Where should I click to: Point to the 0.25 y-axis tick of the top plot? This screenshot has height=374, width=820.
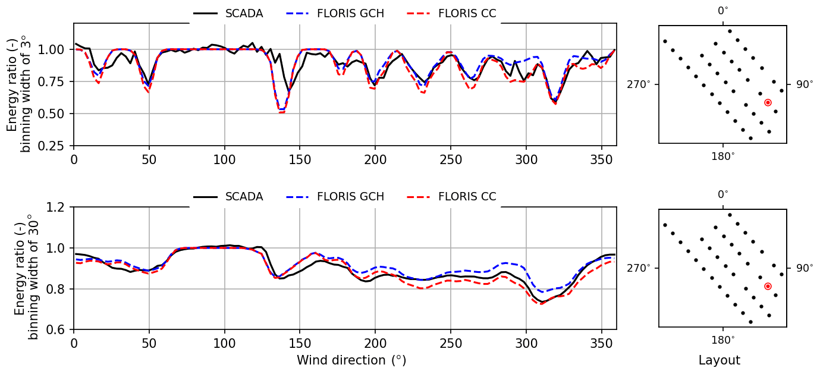56,146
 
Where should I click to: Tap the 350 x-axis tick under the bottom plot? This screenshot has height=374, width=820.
601,343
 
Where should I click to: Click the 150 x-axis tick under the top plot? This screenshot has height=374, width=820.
300,159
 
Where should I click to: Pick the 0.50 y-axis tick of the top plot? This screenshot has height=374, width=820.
56,114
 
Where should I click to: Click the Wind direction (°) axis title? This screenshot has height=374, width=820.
351,360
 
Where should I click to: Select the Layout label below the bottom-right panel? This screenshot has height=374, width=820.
719,360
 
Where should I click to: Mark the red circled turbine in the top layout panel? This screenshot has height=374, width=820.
768,103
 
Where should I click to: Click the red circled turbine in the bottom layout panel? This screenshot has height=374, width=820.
768,287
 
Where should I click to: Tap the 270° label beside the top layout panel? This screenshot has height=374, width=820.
641,84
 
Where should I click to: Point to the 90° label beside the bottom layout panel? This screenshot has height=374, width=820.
805,268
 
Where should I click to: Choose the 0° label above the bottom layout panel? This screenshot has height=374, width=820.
723,194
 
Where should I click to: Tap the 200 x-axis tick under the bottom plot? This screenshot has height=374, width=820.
375,343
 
